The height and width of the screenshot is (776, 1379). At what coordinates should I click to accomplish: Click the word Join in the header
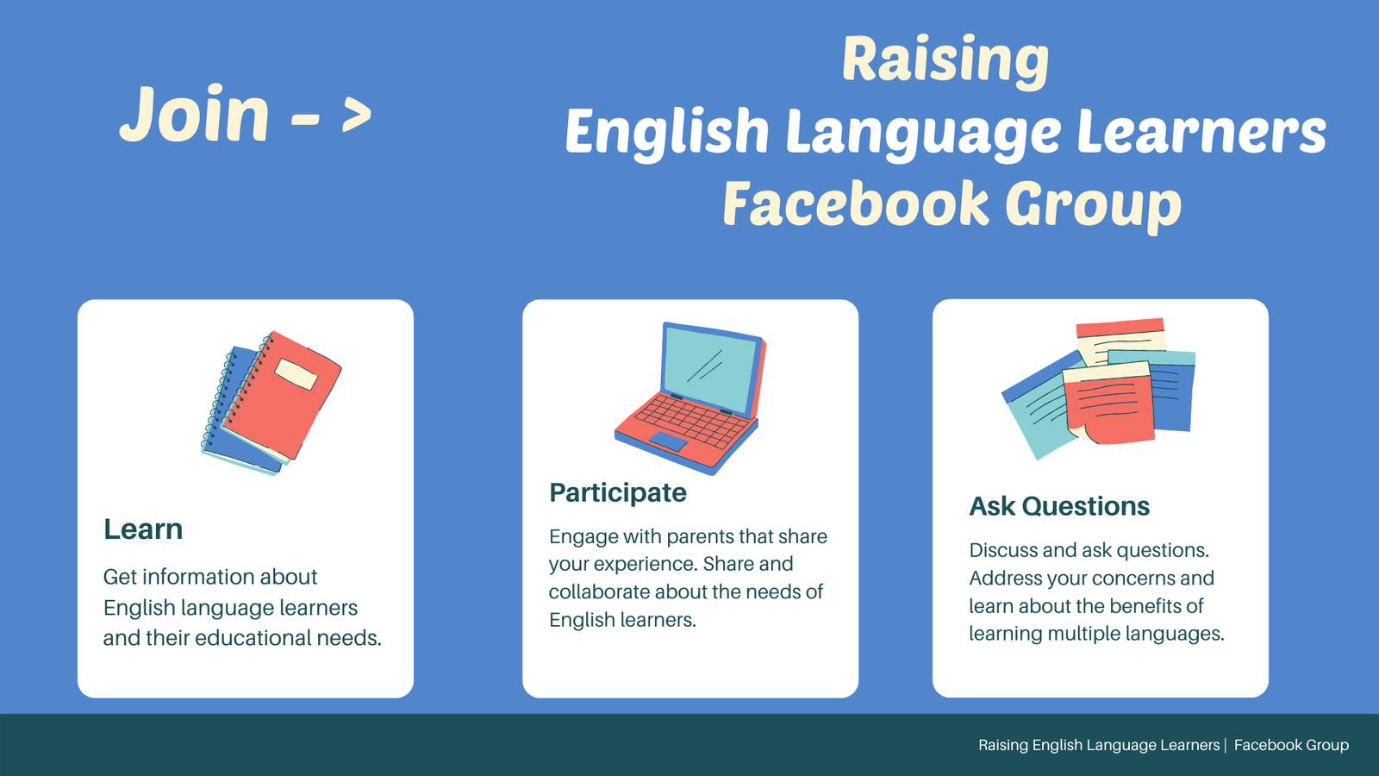[195, 116]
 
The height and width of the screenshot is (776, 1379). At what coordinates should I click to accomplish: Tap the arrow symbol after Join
[356, 116]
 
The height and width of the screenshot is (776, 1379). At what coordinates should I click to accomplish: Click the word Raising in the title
[945, 60]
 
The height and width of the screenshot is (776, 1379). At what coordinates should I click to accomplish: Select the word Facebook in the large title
[855, 204]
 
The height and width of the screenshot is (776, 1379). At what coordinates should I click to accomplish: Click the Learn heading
[143, 529]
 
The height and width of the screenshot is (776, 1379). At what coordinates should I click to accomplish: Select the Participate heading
[618, 492]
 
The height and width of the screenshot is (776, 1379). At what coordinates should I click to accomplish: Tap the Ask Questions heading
[1059, 506]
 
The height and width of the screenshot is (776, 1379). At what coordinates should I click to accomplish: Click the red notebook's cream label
[296, 373]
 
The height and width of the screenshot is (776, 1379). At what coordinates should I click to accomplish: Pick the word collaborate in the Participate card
[599, 592]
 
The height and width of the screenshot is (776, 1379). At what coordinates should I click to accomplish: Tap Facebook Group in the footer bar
[1291, 745]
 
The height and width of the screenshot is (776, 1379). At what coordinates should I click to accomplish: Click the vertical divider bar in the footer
[1226, 745]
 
